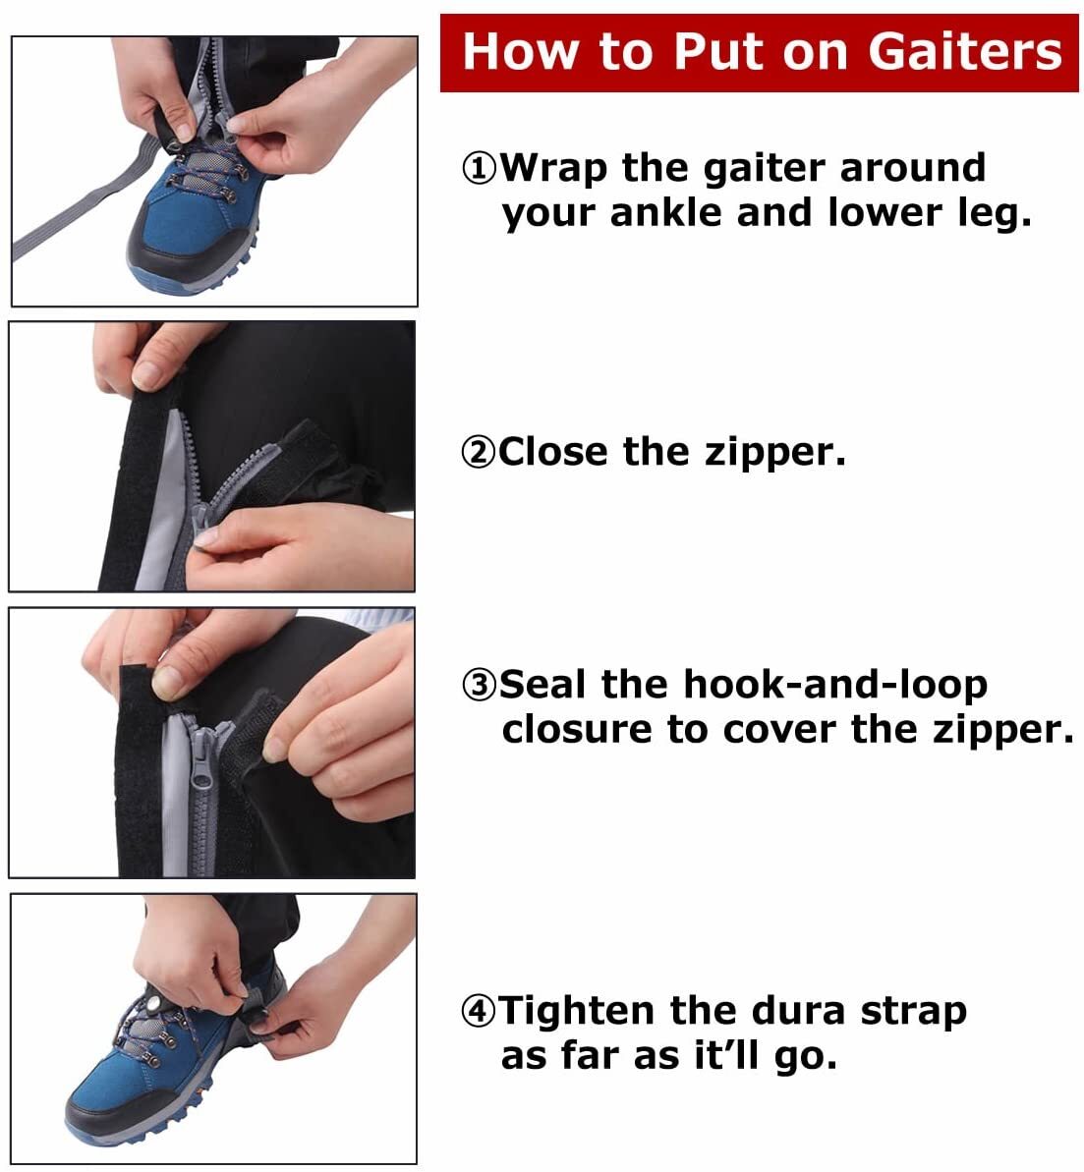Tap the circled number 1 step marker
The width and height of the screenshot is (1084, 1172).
480,169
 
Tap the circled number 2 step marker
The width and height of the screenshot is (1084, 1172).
479,452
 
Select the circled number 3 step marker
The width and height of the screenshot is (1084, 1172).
480,685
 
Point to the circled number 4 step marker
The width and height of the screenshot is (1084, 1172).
480,1011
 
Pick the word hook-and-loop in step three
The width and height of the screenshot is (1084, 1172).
835,685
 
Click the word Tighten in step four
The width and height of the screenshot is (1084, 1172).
578,1011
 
